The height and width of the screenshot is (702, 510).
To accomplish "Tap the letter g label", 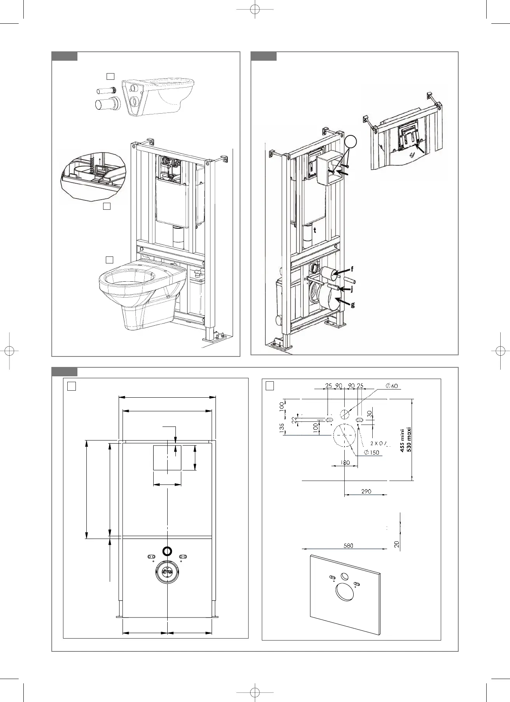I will coord(352,305).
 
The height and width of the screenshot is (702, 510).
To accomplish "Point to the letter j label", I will coord(352,289).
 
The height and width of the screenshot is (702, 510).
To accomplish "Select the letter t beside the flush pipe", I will coord(315,230).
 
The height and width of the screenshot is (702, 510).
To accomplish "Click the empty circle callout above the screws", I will coord(350,142).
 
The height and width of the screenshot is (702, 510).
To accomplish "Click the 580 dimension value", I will coord(348,546).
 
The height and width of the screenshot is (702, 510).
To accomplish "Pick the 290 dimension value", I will coord(366,491).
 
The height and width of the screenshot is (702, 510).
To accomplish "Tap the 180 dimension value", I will coord(345,463).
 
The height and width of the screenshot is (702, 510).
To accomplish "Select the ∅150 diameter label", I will coord(372,453).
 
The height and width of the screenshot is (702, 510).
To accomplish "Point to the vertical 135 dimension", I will coord(282,428).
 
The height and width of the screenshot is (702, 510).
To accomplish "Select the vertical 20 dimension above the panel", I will coord(397,544).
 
